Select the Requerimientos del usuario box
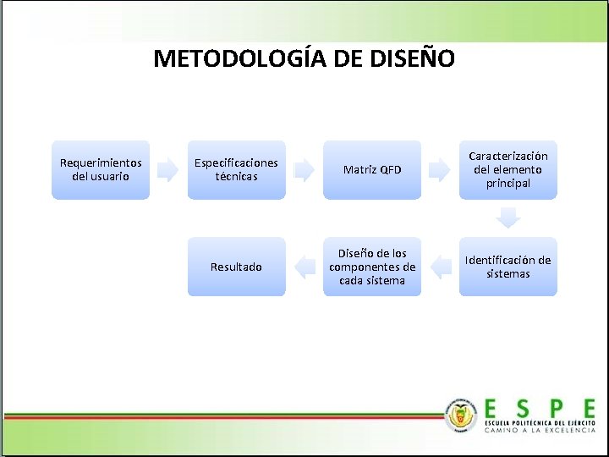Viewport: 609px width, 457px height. (x=101, y=170)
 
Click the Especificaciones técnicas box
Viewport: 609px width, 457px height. (x=236, y=170)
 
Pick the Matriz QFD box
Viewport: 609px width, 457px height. (x=372, y=170)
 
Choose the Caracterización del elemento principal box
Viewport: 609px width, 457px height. (x=507, y=170)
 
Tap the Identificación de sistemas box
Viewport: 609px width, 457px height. (x=507, y=267)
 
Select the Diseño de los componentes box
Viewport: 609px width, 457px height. (x=372, y=267)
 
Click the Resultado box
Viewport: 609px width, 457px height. (x=236, y=267)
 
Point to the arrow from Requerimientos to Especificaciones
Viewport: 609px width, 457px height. (x=168, y=170)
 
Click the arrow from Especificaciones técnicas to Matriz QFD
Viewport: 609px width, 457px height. (x=304, y=170)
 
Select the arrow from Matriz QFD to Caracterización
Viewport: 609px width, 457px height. (x=439, y=170)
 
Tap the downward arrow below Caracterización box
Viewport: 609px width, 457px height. (x=507, y=218)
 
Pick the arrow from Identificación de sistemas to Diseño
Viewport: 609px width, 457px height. (x=440, y=267)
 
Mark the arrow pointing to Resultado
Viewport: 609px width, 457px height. (x=304, y=267)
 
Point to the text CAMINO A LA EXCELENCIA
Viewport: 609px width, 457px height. (x=539, y=430)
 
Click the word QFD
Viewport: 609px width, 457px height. (x=390, y=170)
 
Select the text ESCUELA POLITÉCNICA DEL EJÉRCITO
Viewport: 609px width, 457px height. (x=539, y=421)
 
